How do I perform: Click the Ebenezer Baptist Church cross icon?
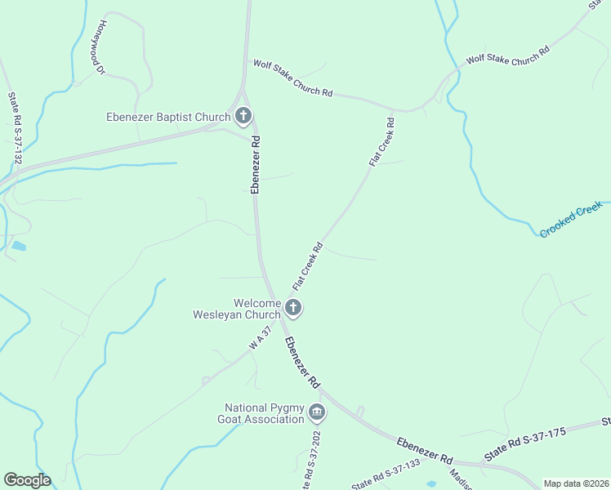coord(243,117)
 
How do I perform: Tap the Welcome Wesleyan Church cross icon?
coord(293,308)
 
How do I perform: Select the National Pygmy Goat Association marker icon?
coord(318,413)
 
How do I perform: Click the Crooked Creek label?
coord(570,221)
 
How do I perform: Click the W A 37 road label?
coord(260,339)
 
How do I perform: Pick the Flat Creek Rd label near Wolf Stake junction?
coord(382,143)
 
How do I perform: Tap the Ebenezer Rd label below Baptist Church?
coord(256,164)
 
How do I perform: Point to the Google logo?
coord(27,480)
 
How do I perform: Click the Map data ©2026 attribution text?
coord(576,483)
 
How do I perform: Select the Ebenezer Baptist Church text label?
coord(168,117)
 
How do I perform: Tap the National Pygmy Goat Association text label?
coord(265,413)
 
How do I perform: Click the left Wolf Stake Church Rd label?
coord(292,78)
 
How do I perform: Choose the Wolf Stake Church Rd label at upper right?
coord(507,54)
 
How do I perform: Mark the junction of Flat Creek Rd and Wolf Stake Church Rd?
coord(393,109)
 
